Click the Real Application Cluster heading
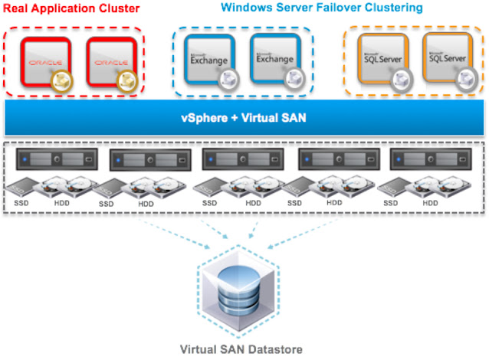click(x=71, y=8)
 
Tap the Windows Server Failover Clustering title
click(x=321, y=8)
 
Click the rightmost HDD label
click(x=430, y=204)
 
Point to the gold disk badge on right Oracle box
click(x=123, y=82)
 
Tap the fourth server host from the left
click(x=338, y=159)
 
